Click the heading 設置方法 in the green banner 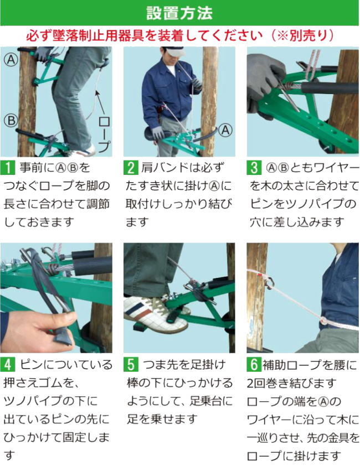point(179,13)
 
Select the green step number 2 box point(131,168)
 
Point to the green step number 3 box point(254,168)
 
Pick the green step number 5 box point(131,364)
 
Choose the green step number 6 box point(254,364)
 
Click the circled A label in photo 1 point(11,60)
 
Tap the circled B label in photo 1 point(11,121)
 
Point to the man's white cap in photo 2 point(175,51)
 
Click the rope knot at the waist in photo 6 point(324,321)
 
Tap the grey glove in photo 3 point(264,82)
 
